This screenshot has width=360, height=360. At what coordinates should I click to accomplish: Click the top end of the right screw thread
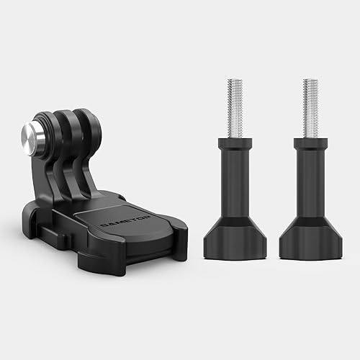310,81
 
